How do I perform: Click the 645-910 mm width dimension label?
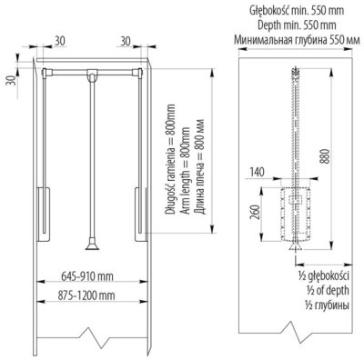pyautogui.click(x=87, y=276)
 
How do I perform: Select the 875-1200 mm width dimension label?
pyautogui.click(x=86, y=295)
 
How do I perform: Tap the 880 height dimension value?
pyautogui.click(x=326, y=155)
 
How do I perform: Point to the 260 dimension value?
pyautogui.click(x=256, y=212)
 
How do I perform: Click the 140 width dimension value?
pyautogui.click(x=257, y=172)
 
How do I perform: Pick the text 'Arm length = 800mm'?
pyautogui.click(x=186, y=171)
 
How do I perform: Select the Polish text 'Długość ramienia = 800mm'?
pyautogui.click(x=170, y=160)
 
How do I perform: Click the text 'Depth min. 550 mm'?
pyautogui.click(x=297, y=25)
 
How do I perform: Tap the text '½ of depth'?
pyautogui.click(x=328, y=290)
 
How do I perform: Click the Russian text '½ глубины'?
pyautogui.click(x=328, y=305)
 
